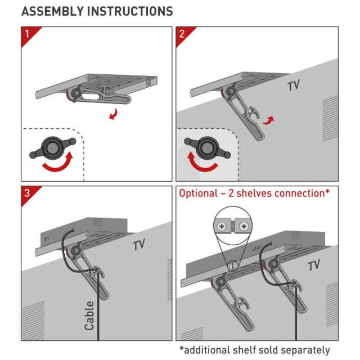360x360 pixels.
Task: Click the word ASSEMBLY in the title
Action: click(x=50, y=11)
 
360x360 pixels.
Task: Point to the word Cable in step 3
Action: click(x=89, y=314)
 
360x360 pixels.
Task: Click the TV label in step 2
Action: click(x=294, y=86)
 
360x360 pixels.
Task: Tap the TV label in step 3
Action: click(x=139, y=245)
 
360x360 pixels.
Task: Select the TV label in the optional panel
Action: click(x=314, y=265)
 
